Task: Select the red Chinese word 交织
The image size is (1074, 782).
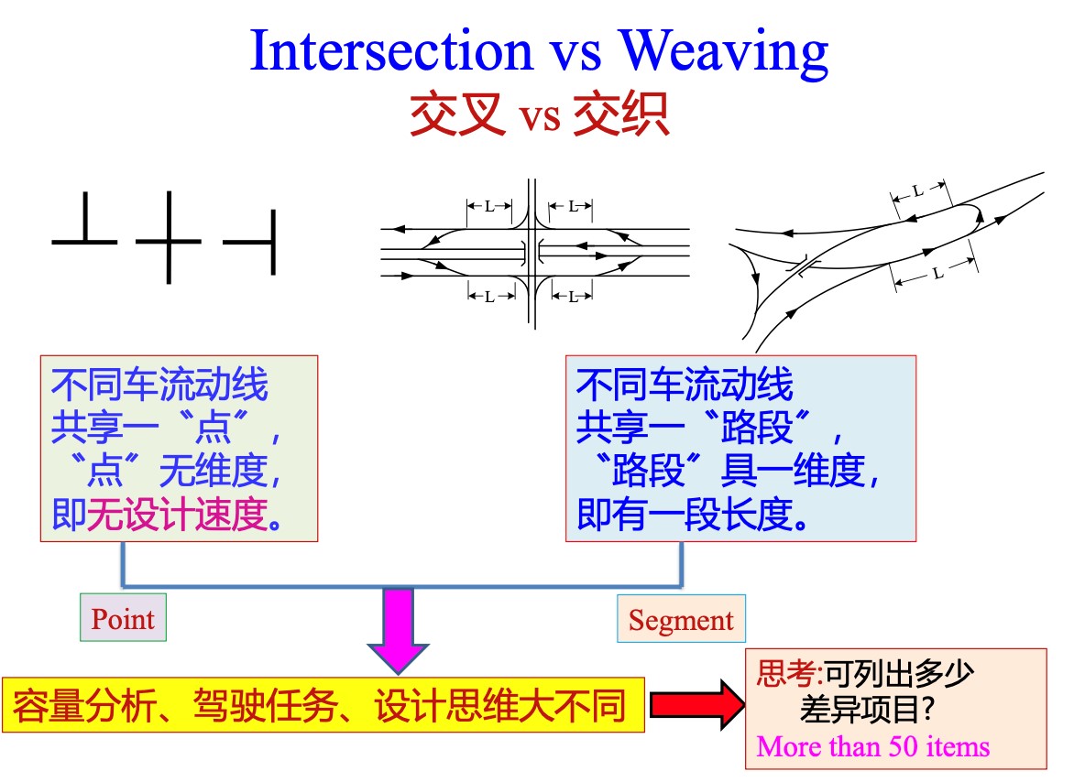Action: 621,116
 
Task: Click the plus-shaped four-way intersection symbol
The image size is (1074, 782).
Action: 169,239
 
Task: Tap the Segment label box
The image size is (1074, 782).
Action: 681,620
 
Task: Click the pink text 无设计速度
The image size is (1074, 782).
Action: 180,518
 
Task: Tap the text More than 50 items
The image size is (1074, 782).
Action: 873,746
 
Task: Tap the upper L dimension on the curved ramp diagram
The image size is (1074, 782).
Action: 919,190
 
